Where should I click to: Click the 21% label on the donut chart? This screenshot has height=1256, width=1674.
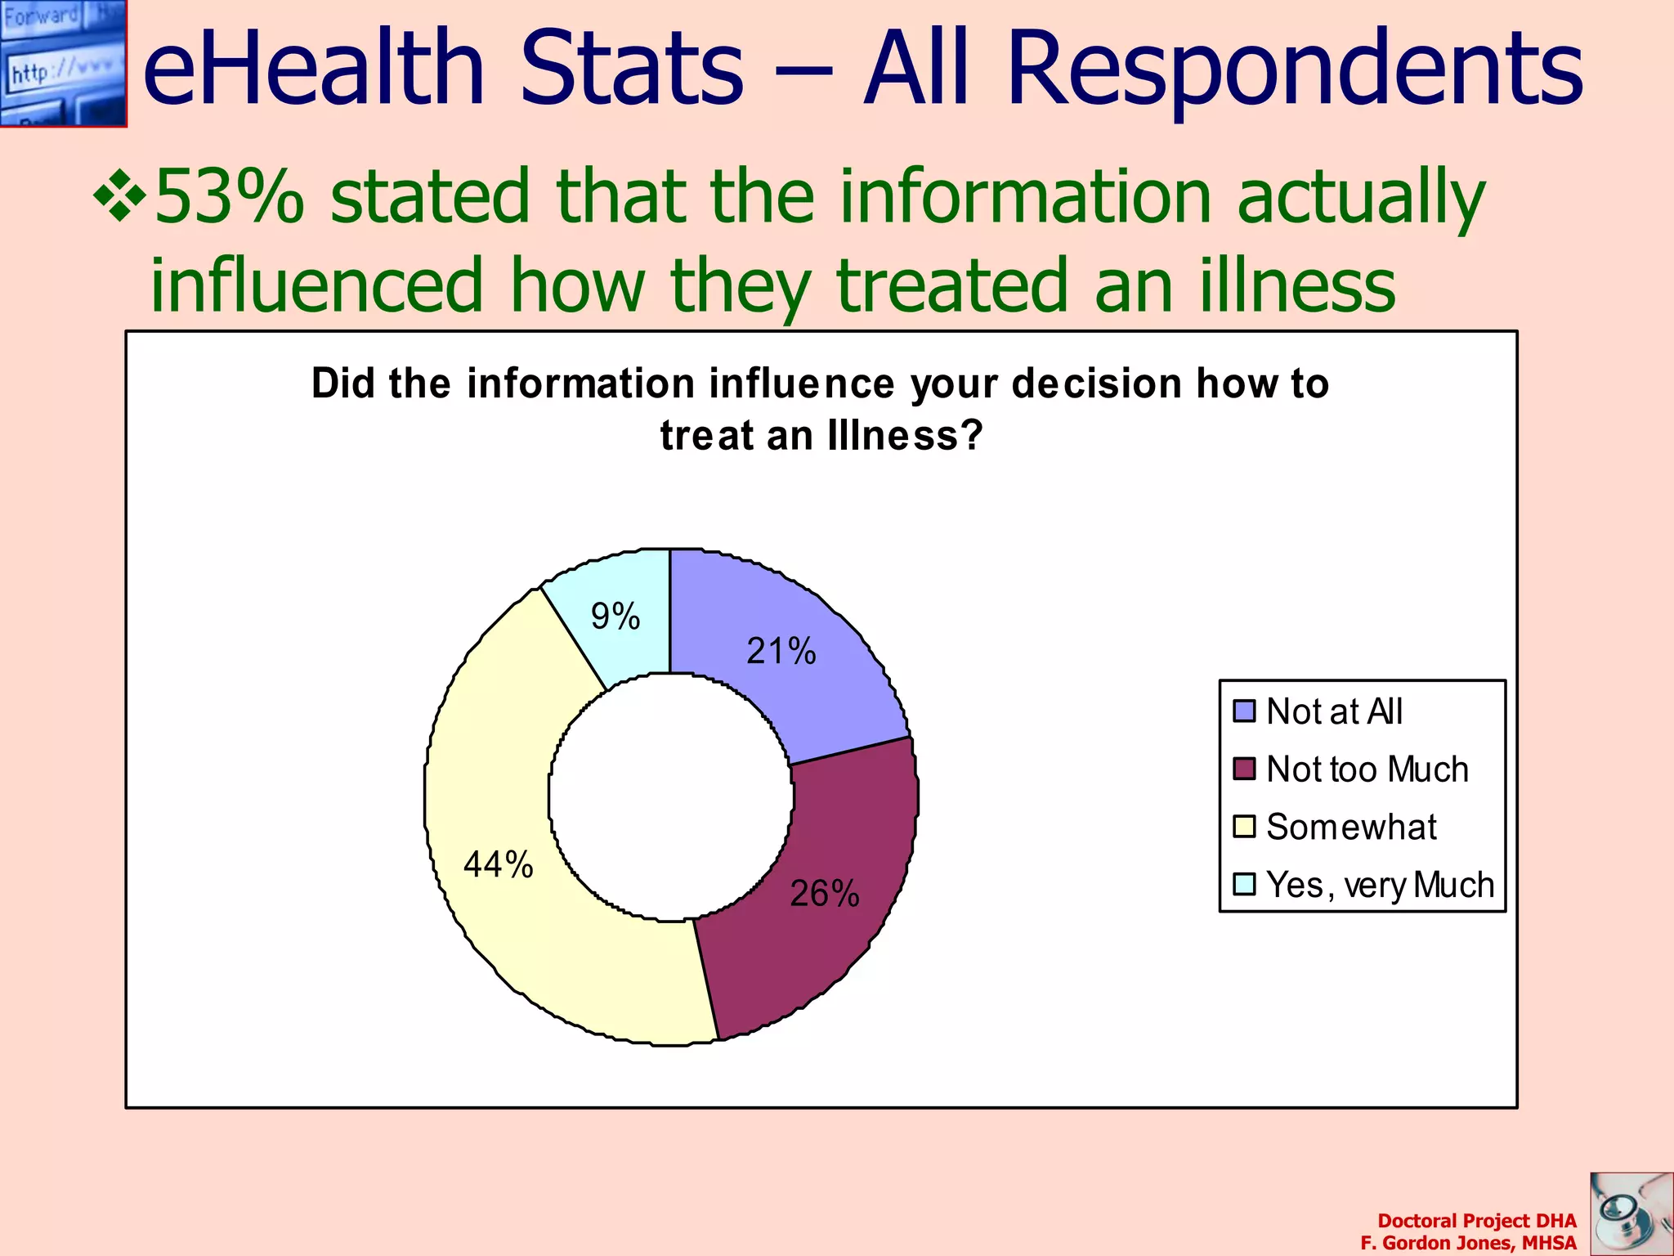pyautogui.click(x=781, y=652)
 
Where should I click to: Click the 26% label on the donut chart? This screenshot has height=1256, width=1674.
pyautogui.click(x=824, y=894)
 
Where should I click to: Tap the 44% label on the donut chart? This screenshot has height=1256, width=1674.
pyautogui.click(x=498, y=864)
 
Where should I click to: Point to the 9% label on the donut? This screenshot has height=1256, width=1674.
pyautogui.click(x=615, y=617)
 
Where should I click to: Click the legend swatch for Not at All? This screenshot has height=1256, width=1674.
pyautogui.click(x=1244, y=711)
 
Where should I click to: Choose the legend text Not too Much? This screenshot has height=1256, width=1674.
pyautogui.click(x=1367, y=769)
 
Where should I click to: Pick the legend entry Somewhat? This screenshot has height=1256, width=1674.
pyautogui.click(x=1350, y=828)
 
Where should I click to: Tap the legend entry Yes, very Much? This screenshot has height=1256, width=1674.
pyautogui.click(x=1380, y=886)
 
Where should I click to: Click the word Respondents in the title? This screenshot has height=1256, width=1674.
pyautogui.click(x=1295, y=70)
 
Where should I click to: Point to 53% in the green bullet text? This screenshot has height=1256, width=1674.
pyautogui.click(x=229, y=197)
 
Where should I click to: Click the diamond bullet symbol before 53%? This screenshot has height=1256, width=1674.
pyautogui.click(x=119, y=195)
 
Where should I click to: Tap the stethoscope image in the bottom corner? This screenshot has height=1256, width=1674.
pyautogui.click(x=1631, y=1213)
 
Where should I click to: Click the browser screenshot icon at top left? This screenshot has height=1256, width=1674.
pyautogui.click(x=63, y=63)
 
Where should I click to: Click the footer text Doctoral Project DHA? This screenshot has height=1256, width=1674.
pyautogui.click(x=1476, y=1221)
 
